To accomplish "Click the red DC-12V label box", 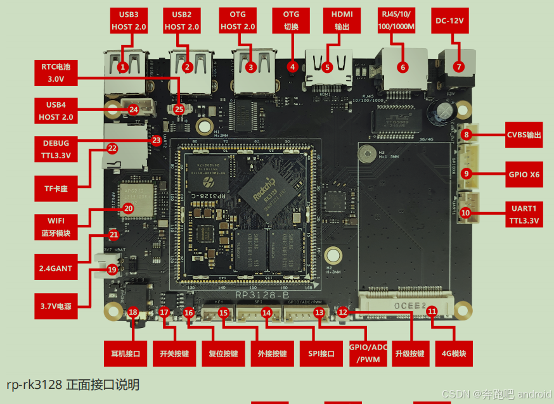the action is click(x=450, y=20).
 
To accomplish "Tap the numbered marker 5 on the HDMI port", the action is click(x=327, y=66).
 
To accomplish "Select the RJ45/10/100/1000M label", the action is click(x=399, y=20).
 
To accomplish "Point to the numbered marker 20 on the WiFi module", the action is click(x=128, y=208).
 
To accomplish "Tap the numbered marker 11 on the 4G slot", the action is click(x=432, y=311).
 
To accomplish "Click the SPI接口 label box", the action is click(x=321, y=353).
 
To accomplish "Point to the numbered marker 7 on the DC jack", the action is click(x=458, y=66).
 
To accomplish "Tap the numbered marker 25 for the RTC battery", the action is click(x=179, y=109).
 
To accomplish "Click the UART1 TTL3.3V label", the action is click(x=524, y=214).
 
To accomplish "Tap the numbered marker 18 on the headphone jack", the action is click(x=133, y=312).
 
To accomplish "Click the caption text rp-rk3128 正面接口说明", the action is click(x=73, y=384).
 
